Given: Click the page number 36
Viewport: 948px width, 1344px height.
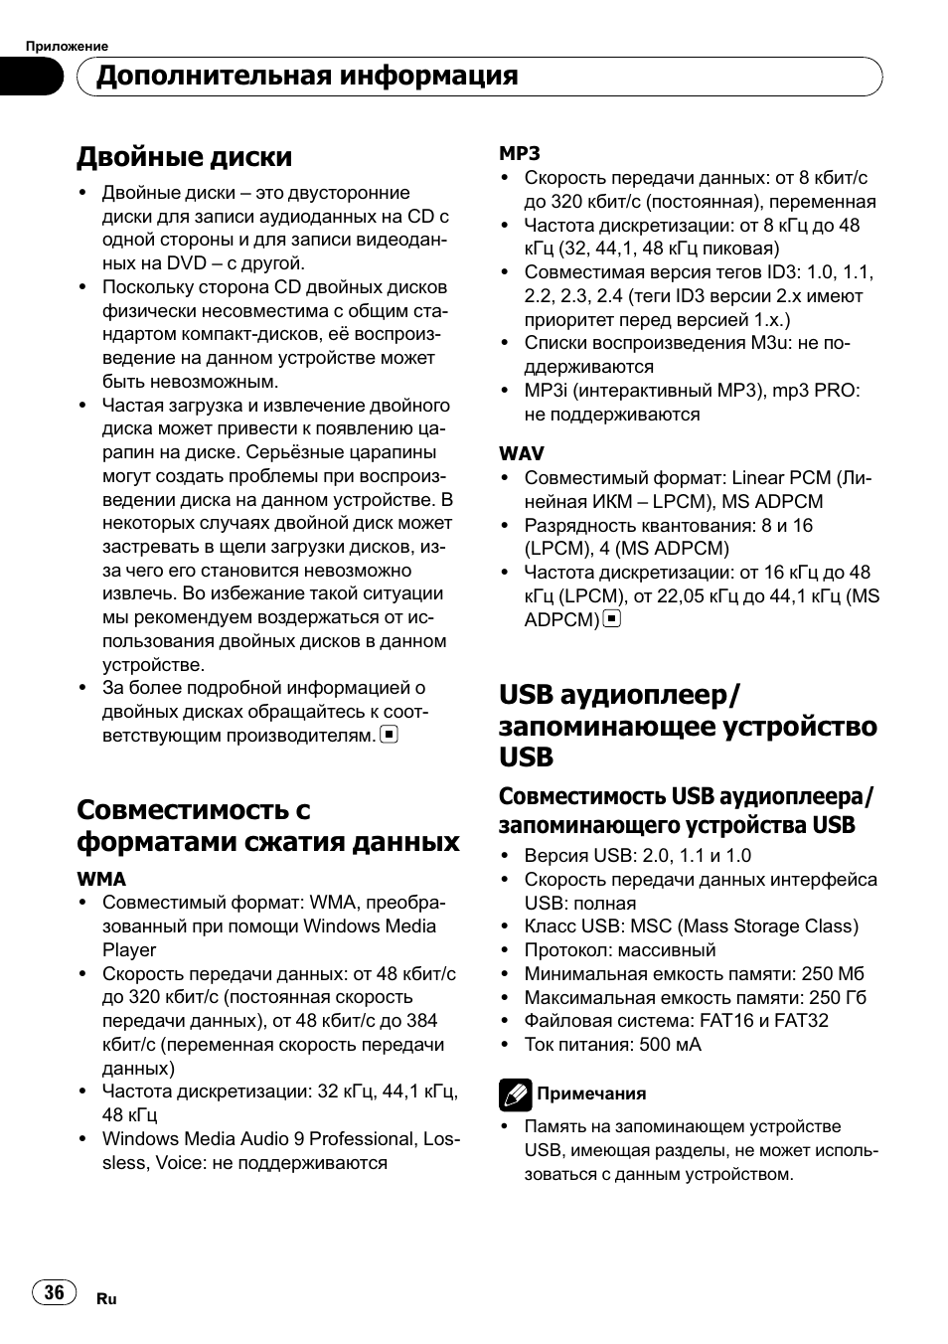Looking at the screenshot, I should tap(54, 1291).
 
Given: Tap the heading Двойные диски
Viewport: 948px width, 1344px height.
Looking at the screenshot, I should tap(185, 157).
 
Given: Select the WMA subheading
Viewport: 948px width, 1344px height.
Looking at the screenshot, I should tap(101, 879).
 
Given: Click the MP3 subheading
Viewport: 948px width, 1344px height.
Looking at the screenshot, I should tap(520, 153).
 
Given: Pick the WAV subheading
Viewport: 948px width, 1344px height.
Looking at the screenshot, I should tap(522, 453).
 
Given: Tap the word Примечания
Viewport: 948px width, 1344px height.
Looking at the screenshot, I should tap(591, 1093).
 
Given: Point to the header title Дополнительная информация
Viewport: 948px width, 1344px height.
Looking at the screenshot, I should tap(307, 76).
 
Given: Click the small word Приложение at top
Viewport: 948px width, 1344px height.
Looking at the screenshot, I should tap(67, 46).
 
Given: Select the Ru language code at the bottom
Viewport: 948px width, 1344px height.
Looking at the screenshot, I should tap(107, 1299).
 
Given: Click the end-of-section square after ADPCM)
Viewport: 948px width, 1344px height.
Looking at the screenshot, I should tap(612, 619).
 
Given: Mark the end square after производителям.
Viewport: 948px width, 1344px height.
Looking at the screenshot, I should tap(390, 736).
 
